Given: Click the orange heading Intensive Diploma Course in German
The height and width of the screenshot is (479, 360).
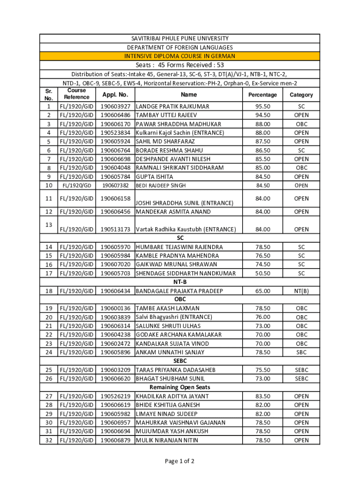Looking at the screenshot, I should (x=180, y=56).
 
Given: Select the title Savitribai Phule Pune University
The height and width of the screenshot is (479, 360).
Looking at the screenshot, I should (x=180, y=38).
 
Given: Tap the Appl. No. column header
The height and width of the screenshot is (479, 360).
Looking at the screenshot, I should (x=115, y=94).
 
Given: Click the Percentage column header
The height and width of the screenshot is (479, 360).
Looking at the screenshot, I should (x=262, y=94).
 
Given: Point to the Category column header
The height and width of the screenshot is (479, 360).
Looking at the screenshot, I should (x=301, y=94).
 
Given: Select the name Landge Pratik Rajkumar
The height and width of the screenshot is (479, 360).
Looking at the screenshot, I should (x=172, y=106).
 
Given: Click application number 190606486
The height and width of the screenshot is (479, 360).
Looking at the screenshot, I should (x=115, y=115).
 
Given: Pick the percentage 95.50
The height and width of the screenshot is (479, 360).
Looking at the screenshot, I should (x=262, y=106).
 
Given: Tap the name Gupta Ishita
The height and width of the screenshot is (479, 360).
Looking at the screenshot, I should (x=154, y=177).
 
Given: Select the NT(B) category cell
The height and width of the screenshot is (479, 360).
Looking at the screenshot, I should (x=301, y=291).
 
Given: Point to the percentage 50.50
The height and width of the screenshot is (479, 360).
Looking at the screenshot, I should (x=262, y=273).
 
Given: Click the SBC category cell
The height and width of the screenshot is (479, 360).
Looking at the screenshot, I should (x=301, y=352).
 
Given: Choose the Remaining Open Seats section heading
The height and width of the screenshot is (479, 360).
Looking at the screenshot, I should (x=180, y=387).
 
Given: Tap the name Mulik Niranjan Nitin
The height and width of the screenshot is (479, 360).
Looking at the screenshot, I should (x=166, y=440).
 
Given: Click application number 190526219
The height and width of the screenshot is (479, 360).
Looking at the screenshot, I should (x=115, y=396).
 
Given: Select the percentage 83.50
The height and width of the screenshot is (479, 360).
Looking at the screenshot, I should (x=262, y=396).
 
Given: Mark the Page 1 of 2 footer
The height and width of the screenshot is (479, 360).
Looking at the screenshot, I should (x=180, y=461).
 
